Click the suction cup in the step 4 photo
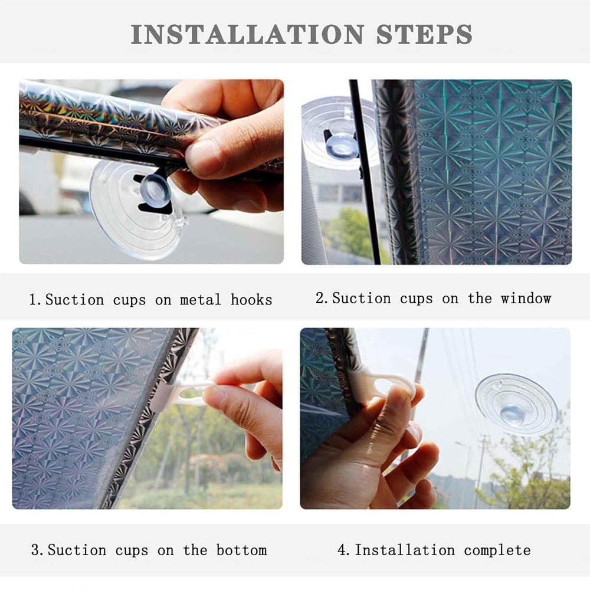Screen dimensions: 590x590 click(x=516, y=403)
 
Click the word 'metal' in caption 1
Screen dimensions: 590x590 click(x=200, y=300)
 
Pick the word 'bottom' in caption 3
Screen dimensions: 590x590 click(x=241, y=550)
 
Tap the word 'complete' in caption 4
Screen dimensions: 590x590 click(x=497, y=550)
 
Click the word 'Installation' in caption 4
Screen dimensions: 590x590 click(x=405, y=550)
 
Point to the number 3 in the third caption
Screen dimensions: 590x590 click(x=35, y=550)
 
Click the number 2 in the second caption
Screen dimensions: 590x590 click(x=320, y=298)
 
